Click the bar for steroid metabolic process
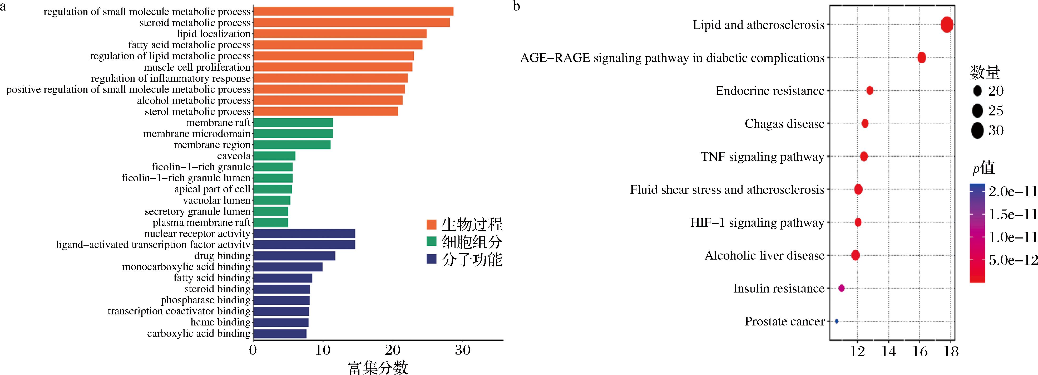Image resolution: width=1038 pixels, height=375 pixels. click(351, 23)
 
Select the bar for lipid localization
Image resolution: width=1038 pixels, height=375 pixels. click(340, 33)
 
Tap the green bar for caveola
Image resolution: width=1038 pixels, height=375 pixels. click(274, 156)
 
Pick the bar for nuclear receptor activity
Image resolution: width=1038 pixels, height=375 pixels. click(304, 233)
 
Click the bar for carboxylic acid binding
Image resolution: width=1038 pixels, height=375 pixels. click(280, 333)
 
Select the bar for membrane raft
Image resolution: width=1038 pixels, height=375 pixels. click(293, 123)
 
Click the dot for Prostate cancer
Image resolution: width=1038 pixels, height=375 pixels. click(837, 321)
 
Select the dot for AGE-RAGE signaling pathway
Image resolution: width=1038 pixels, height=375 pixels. click(922, 58)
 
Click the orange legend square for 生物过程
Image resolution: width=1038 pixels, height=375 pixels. click(432, 224)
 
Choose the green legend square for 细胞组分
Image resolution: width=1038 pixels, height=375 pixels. click(432, 242)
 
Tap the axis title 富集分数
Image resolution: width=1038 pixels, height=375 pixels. click(378, 368)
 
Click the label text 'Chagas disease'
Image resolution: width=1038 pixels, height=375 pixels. click(784, 124)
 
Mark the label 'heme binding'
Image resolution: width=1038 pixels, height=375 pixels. click(220, 322)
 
